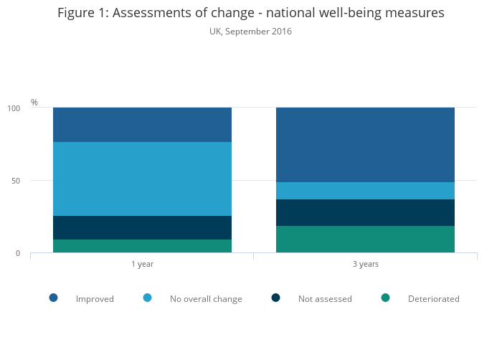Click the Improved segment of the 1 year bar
click(142, 125)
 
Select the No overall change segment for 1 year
click(142, 179)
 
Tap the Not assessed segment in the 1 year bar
click(142, 227)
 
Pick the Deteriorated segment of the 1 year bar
click(142, 246)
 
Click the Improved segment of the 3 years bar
click(365, 144)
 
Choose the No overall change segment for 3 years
click(365, 191)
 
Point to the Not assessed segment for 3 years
click(365, 212)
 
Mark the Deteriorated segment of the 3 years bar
click(365, 240)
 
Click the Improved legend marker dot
click(53, 298)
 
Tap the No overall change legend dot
click(147, 298)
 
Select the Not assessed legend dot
click(275, 298)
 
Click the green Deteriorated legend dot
click(385, 298)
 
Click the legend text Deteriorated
click(433, 299)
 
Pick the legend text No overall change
click(206, 299)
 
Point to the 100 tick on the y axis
click(14, 108)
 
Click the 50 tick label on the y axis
click(16, 181)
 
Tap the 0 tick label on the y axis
click(18, 253)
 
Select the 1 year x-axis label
click(142, 265)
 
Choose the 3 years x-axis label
click(365, 265)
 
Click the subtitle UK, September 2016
click(250, 32)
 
